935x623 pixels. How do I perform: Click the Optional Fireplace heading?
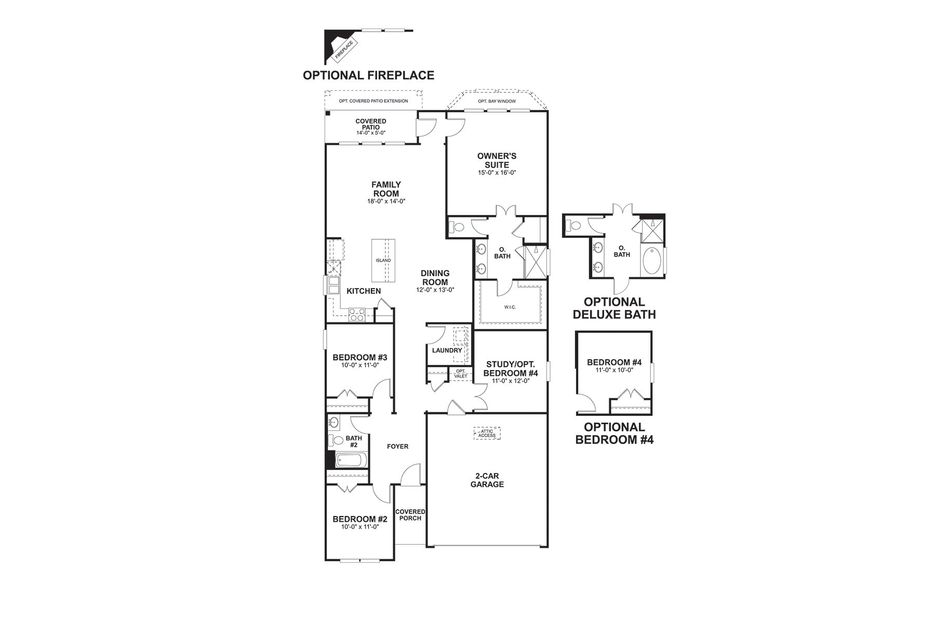click(368, 75)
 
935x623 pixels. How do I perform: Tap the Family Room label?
click(385, 189)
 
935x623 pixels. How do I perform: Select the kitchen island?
click(383, 260)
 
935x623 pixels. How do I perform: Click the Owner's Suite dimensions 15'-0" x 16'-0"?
click(497, 172)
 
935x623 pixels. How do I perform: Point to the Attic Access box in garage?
click(487, 433)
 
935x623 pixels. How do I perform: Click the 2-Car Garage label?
click(487, 480)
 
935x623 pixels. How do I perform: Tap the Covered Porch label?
click(410, 514)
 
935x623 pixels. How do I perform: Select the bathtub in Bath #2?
click(351, 460)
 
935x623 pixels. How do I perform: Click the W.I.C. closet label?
click(510, 307)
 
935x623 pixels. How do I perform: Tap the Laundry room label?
click(447, 350)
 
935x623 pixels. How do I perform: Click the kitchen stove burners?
click(357, 314)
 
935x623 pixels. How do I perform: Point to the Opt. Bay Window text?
click(497, 101)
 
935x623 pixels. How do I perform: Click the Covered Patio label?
click(371, 124)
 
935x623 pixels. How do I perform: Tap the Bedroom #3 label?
click(360, 357)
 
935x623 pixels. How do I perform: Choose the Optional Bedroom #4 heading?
click(615, 434)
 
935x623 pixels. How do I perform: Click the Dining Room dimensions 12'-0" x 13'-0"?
click(435, 290)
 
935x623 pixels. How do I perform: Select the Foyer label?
click(398, 446)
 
